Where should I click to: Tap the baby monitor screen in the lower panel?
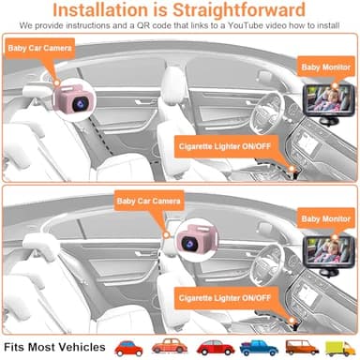[331, 247]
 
